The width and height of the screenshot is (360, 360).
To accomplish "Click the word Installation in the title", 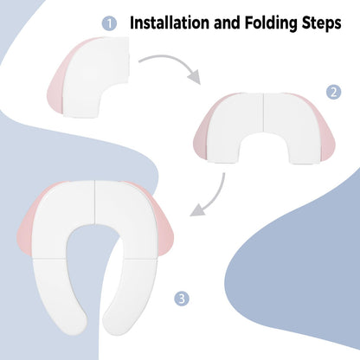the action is tap(170, 22).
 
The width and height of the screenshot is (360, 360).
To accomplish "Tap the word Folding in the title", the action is tap(271, 23).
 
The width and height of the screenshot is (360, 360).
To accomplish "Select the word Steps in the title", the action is tap(322, 23).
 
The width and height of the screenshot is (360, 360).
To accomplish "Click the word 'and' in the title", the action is tap(227, 22).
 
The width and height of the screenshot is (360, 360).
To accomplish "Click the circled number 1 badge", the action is tap(109, 23).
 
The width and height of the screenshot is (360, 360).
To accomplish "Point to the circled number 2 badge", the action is tap(334, 93).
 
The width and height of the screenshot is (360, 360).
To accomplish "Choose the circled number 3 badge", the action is tap(182, 299).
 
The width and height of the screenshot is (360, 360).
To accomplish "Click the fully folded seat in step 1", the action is tap(89, 78).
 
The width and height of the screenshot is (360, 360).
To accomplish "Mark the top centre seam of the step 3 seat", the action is tap(94, 202).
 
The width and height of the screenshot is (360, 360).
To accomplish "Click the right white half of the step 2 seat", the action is tap(292, 127).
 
